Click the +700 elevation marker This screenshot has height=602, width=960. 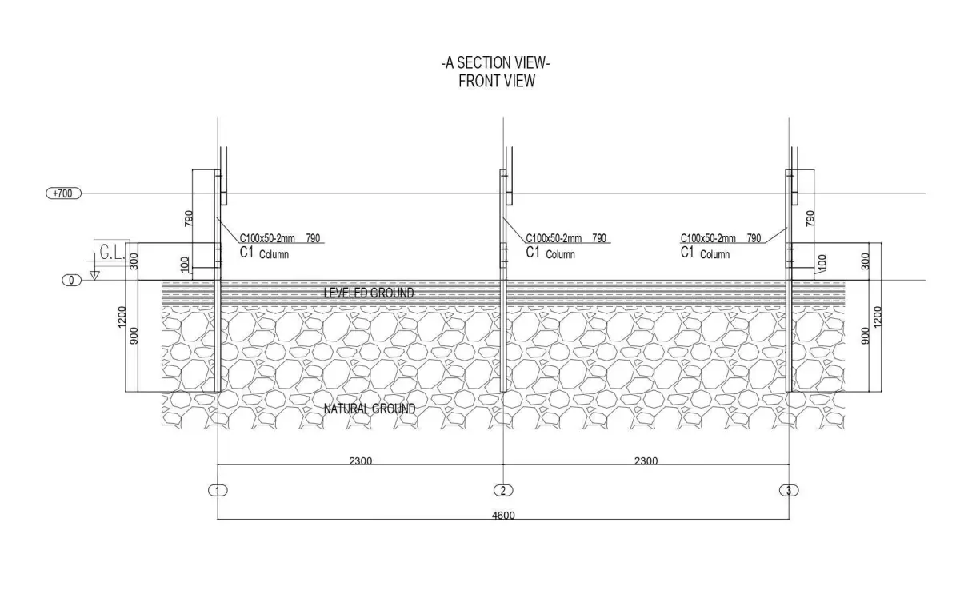[x=63, y=193]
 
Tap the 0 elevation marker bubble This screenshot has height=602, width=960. [x=71, y=281]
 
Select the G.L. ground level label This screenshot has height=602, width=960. [x=112, y=253]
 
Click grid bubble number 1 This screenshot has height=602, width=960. [x=218, y=490]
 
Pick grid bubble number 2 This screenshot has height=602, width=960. [x=503, y=490]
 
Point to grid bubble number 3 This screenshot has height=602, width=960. [x=789, y=490]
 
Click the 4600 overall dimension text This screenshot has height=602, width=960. [x=503, y=515]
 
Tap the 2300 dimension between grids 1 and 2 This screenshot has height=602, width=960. [x=361, y=460]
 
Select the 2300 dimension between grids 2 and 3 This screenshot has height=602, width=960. [x=646, y=460]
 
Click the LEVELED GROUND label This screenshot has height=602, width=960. [x=369, y=293]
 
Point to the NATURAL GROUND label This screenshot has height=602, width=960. [x=370, y=409]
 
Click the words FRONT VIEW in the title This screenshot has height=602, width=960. [x=497, y=81]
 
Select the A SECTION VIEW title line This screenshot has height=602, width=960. [x=496, y=63]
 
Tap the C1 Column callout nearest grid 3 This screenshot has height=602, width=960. [x=705, y=253]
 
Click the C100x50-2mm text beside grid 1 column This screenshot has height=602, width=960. [x=267, y=238]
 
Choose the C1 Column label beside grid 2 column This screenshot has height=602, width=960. [x=550, y=253]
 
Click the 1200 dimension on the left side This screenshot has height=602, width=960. [x=122, y=317]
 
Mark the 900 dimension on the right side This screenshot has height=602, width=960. [x=866, y=336]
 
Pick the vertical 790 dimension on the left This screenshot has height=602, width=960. [x=189, y=218]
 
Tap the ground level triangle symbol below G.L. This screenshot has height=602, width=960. [x=94, y=275]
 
